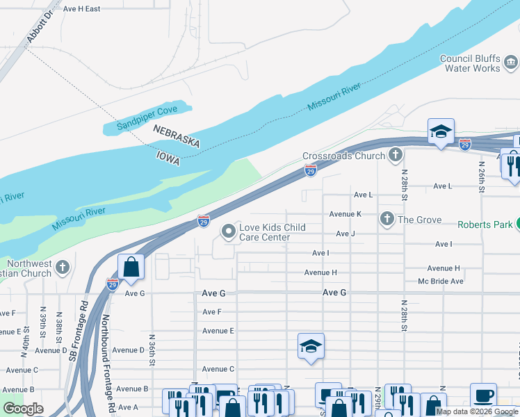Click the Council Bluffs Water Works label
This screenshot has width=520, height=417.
coord(471,63)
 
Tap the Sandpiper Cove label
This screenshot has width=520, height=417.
coord(147,118)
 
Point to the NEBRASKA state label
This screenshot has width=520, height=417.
coord(177,136)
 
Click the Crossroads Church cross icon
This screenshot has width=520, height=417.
coord(396,156)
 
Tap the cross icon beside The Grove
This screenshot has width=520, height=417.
coord(387,220)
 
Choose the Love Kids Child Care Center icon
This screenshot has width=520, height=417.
coord(228,231)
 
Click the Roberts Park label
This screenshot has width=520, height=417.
coord(485,224)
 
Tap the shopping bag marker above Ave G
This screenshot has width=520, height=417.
coord(131,266)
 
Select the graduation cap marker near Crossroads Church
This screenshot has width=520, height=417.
coord(440,131)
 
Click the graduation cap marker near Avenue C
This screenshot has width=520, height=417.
coord(311,345)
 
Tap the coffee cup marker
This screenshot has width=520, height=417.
coord(483,395)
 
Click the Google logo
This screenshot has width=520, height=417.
coord(23,409)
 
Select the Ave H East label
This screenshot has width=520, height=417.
coord(81,8)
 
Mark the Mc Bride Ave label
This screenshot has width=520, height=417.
coord(440,281)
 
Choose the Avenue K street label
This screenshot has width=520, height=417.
coord(346,214)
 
